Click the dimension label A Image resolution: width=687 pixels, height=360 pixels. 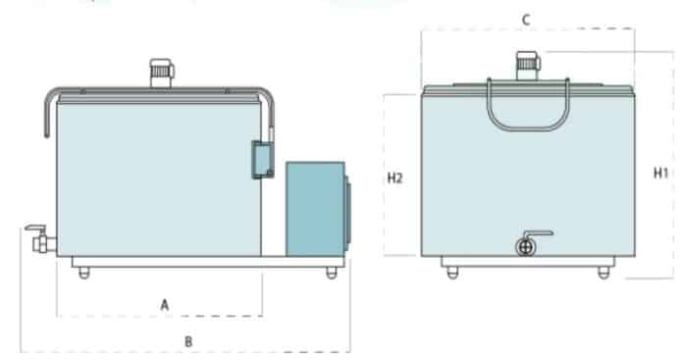point(164,305)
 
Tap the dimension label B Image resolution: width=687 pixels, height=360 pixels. point(188,341)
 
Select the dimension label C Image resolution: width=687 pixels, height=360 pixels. point(526,20)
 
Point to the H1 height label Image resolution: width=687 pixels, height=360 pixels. point(661,174)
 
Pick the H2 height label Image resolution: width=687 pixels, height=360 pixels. point(395,179)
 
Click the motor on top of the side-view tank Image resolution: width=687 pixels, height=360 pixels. point(162,74)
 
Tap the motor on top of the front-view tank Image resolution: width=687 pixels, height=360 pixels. point(528,66)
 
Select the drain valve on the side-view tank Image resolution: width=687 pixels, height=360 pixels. point(40,240)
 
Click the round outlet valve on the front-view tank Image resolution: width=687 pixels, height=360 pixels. point(525,248)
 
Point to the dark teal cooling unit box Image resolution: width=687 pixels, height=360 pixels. point(315,209)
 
